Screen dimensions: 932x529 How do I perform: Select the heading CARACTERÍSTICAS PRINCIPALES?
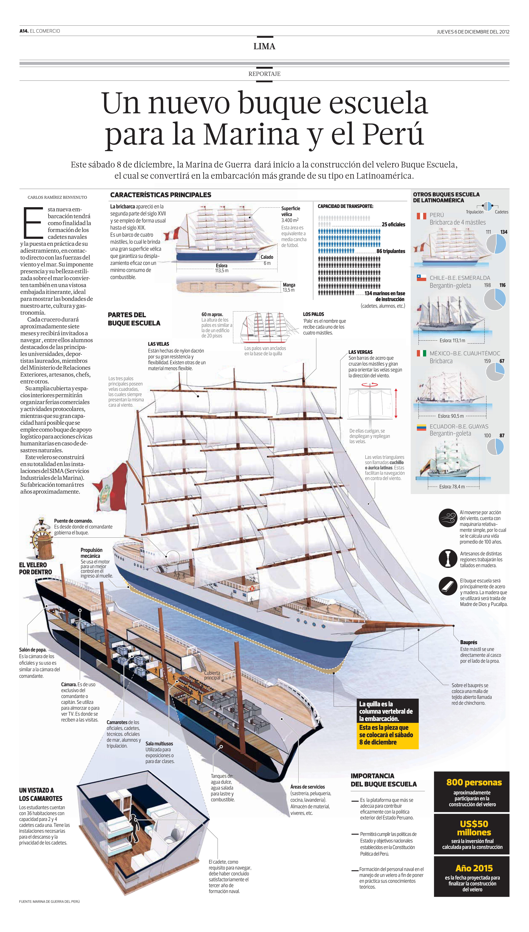pos(161,195)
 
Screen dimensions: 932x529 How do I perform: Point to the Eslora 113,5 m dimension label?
pos(222,268)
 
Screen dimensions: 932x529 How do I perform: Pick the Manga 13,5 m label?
pos(289,287)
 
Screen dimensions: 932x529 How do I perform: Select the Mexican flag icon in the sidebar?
pos(421,353)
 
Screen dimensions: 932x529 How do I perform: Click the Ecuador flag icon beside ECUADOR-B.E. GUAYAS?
pos(421,428)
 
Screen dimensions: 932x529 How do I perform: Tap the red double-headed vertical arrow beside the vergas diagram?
pos(396,403)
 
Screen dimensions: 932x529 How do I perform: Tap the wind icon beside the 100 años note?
pos(448,518)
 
